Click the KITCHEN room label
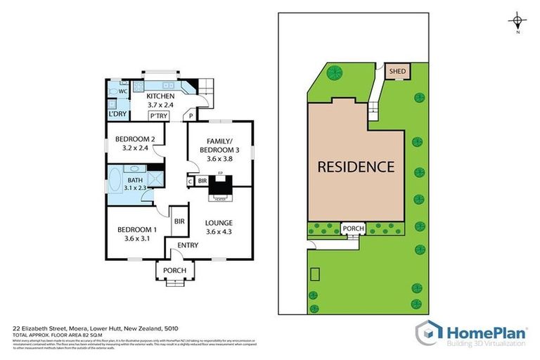point(160,96)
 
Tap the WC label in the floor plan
point(122,91)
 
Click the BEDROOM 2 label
point(134,139)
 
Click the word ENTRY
point(187,245)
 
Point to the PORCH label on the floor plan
point(174,270)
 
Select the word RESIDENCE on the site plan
point(355,167)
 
